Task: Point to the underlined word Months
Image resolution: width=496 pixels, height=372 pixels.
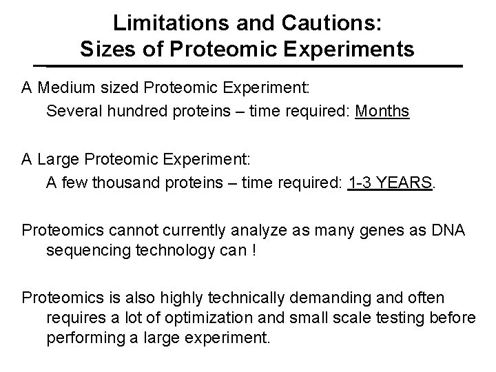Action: [382, 111]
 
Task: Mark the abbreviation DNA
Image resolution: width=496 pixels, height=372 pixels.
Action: [448, 229]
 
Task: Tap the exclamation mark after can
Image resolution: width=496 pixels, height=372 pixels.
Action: [255, 251]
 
